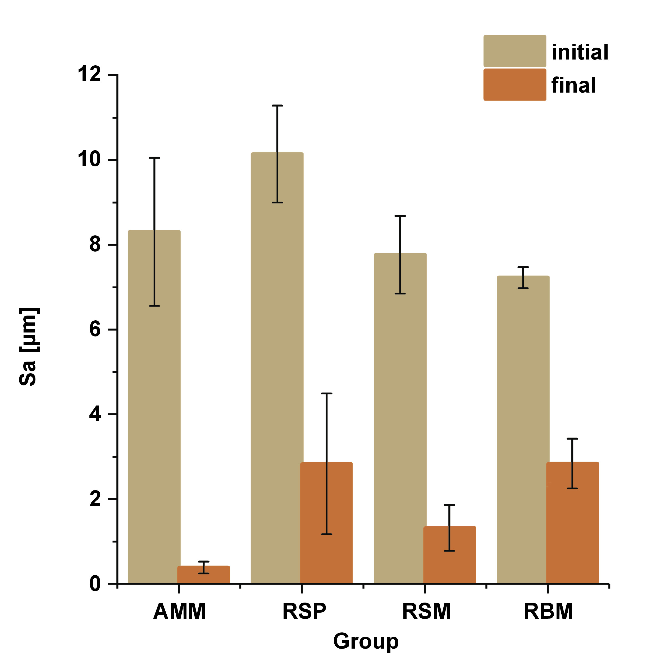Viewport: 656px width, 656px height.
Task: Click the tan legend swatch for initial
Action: [x=514, y=51]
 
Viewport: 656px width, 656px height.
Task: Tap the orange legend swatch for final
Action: [x=514, y=85]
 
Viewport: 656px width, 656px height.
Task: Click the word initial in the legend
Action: [x=580, y=52]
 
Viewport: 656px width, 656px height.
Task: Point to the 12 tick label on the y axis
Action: [x=90, y=74]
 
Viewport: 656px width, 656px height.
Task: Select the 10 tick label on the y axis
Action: [x=90, y=159]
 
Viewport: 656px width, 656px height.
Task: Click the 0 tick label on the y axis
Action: [x=95, y=584]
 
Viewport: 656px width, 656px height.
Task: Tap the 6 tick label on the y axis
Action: [x=95, y=329]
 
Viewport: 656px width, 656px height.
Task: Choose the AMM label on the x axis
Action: [x=179, y=612]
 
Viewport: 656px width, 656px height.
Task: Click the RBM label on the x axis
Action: [x=548, y=612]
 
